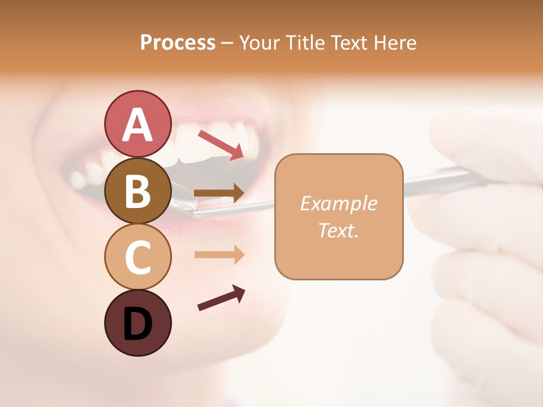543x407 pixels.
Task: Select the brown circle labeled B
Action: click(x=137, y=190)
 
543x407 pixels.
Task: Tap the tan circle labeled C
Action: click(x=137, y=256)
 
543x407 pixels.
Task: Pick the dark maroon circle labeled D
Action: click(x=137, y=323)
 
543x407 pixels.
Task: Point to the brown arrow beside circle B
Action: click(x=219, y=193)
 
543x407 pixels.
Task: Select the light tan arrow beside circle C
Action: click(x=219, y=255)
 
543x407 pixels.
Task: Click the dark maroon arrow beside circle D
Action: click(x=221, y=298)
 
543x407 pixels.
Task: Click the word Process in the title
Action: click(x=178, y=43)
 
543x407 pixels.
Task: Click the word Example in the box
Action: click(x=338, y=203)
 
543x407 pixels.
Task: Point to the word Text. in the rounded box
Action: click(x=338, y=230)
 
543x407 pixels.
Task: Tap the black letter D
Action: click(x=137, y=324)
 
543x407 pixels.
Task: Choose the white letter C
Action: click(x=137, y=257)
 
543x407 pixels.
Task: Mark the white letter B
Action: click(x=137, y=192)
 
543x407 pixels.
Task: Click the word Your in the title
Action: click(x=258, y=43)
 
